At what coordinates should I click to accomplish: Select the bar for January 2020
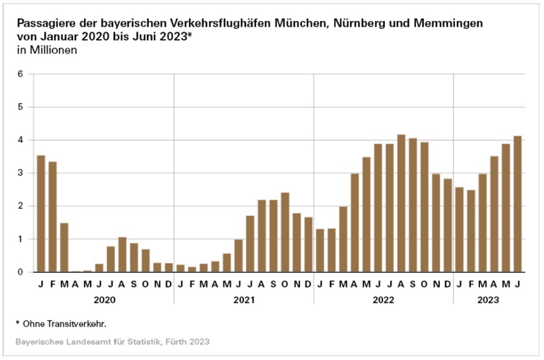(41, 214)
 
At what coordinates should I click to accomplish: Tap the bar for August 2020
(122, 255)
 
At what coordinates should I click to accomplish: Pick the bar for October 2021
(285, 233)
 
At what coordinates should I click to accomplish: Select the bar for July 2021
(250, 244)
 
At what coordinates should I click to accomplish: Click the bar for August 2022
(401, 204)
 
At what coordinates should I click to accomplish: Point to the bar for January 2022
(320, 251)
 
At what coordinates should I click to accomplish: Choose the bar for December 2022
(448, 226)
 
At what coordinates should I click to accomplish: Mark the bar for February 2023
(471, 231)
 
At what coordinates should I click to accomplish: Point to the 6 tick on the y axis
(20, 74)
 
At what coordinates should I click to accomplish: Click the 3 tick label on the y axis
(20, 173)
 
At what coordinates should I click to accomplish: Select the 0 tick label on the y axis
(20, 272)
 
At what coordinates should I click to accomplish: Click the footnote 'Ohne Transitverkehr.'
(65, 323)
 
